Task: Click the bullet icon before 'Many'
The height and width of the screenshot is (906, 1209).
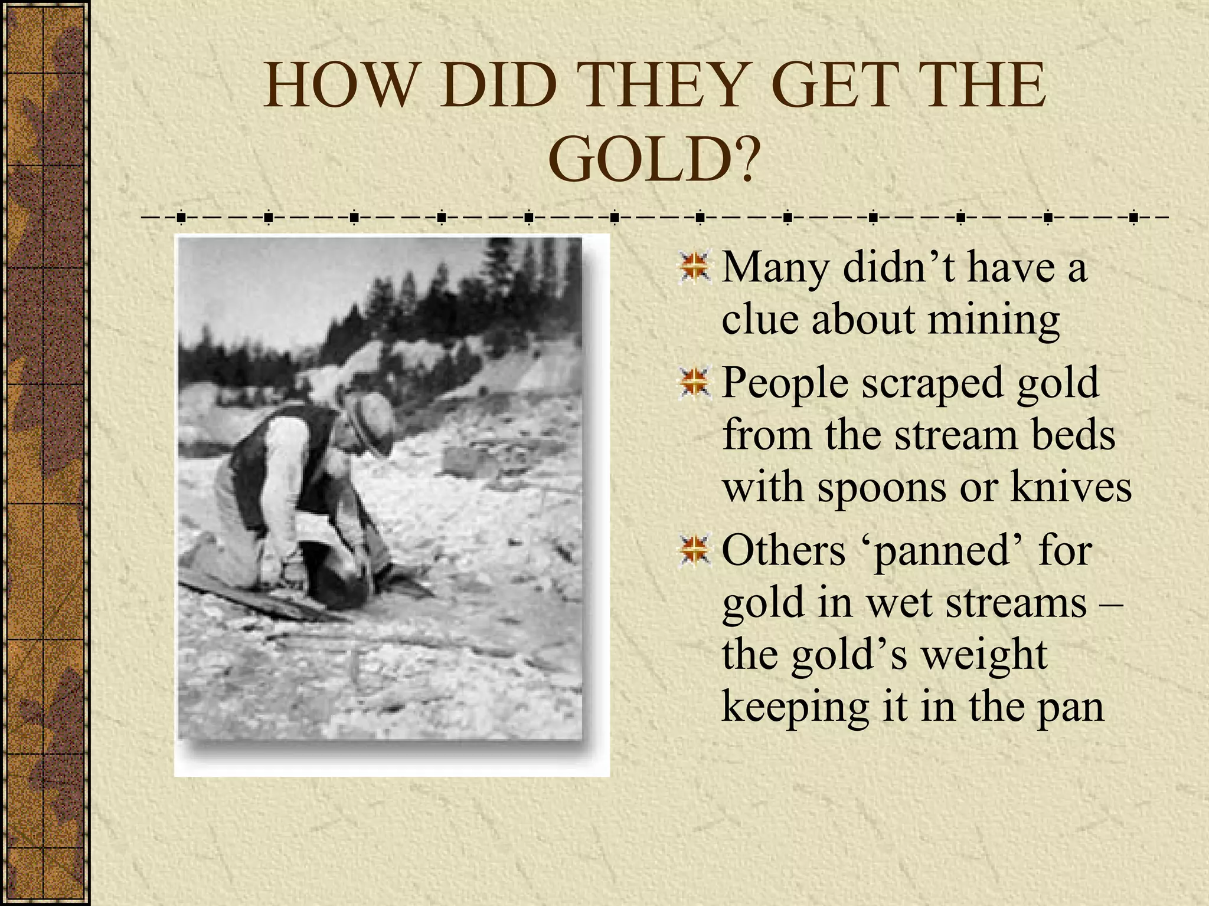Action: (695, 267)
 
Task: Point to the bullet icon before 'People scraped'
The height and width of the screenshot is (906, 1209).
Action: (695, 382)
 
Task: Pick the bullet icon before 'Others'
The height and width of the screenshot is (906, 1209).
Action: (695, 550)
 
